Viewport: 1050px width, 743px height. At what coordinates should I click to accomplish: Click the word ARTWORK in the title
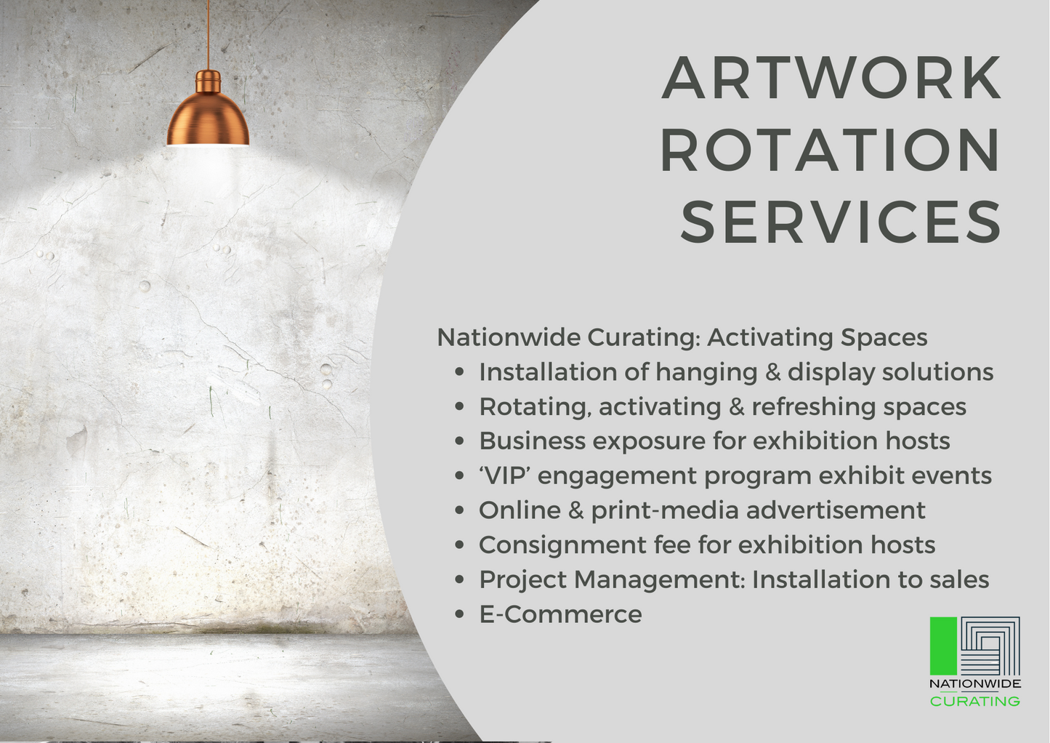[832, 78]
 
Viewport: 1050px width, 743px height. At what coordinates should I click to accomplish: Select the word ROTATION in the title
[831, 150]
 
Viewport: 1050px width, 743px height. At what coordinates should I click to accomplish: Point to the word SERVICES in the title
[841, 222]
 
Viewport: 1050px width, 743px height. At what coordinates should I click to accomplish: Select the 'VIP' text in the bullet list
[504, 475]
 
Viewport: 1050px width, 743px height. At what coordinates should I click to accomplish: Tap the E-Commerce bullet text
[560, 614]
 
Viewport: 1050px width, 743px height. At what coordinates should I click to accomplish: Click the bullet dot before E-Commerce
[459, 614]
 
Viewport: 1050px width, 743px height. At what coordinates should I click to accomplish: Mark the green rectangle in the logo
[943, 646]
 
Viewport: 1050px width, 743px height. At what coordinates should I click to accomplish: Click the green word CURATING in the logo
[974, 702]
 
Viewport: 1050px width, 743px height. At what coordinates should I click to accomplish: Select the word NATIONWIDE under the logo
[974, 683]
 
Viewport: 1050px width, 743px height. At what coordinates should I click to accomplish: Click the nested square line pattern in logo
[990, 646]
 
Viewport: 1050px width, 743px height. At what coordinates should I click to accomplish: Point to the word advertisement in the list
[836, 510]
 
